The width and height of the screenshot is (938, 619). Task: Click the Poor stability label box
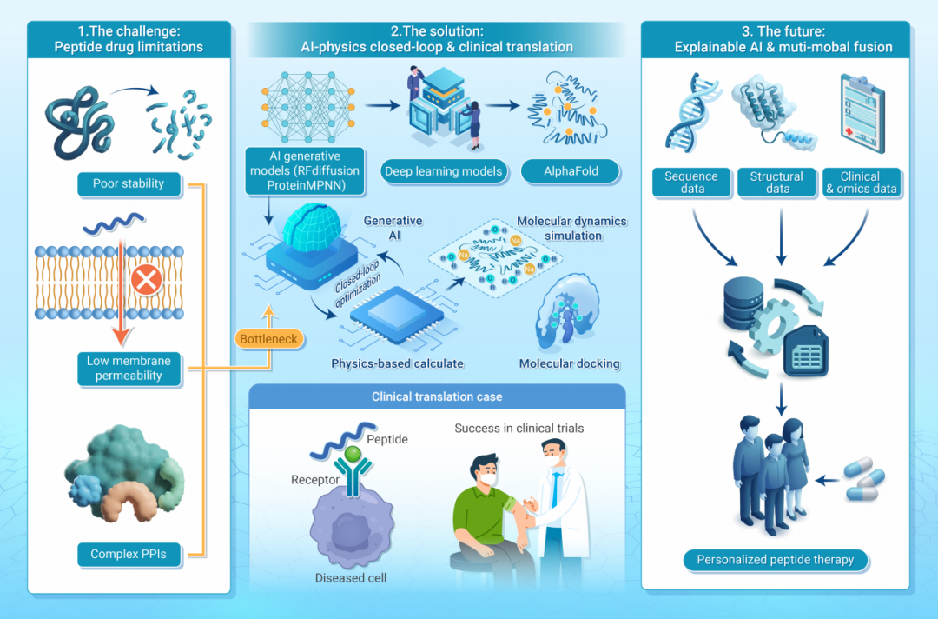tap(129, 183)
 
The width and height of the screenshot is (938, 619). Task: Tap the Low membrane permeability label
tap(129, 368)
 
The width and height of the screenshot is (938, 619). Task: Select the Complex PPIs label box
tap(129, 555)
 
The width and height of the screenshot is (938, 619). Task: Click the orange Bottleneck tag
tap(268, 339)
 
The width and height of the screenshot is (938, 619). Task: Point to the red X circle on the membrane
tap(147, 280)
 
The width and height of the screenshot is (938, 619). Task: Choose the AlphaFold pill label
tap(571, 171)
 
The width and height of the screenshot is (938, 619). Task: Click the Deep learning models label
tap(443, 171)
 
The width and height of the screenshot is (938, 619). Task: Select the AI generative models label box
tap(305, 171)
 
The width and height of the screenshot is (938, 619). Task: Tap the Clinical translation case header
tap(437, 396)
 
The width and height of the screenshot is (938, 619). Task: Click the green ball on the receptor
tap(353, 453)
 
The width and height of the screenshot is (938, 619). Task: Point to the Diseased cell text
tap(351, 577)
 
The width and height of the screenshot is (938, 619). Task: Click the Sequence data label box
tap(691, 183)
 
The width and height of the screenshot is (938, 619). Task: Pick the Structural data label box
tap(776, 183)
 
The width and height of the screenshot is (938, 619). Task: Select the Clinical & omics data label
tap(862, 183)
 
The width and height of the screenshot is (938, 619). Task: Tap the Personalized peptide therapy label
tap(776, 561)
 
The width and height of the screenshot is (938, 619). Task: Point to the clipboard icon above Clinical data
tap(862, 113)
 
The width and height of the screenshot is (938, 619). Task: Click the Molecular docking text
tap(569, 363)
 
